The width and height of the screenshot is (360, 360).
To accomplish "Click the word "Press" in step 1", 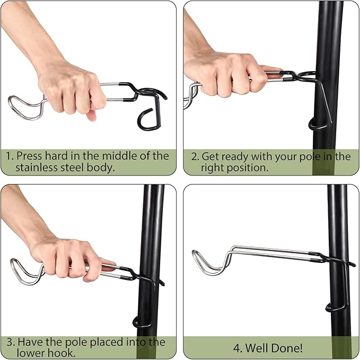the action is point(29,156).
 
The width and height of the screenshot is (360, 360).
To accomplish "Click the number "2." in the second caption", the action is point(195,156).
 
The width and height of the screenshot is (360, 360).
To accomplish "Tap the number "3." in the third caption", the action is point(11,342).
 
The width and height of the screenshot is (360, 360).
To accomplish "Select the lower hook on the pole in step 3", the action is point(142,323).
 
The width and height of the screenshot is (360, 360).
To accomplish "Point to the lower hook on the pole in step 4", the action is point(336,308).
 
